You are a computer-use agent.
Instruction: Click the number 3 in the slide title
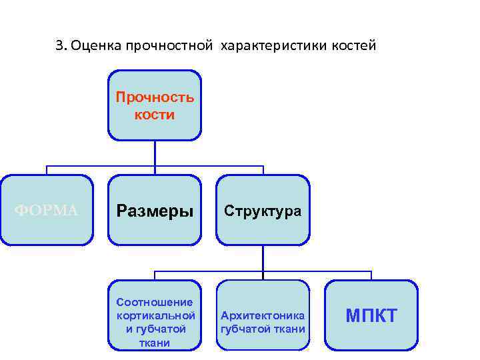click(59, 46)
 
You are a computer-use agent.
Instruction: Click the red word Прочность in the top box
click(155, 97)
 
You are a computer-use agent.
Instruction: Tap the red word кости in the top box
click(155, 115)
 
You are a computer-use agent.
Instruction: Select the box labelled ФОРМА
click(47, 210)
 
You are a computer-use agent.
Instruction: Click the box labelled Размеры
click(155, 210)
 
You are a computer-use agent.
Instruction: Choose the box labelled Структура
click(263, 210)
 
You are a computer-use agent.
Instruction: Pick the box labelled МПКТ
click(371, 315)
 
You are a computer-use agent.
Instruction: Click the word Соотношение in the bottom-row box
click(155, 301)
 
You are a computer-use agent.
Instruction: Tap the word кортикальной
click(155, 315)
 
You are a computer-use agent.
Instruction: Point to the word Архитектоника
click(263, 315)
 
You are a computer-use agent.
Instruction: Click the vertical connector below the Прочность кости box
click(155, 153)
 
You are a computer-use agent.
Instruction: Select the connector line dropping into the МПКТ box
click(371, 275)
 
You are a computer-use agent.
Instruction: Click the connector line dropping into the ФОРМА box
click(47, 169)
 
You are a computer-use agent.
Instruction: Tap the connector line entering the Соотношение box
click(155, 275)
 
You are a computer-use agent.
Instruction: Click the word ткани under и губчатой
click(155, 343)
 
